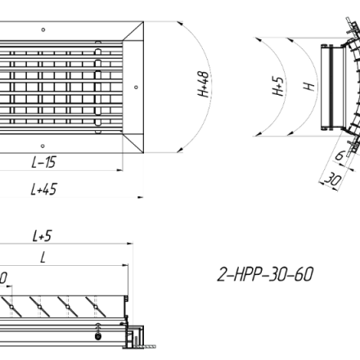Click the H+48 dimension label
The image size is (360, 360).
coord(204,84)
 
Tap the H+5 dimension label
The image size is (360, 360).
coord(278,86)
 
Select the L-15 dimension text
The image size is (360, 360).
coord(44,162)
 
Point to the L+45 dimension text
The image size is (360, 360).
coord(44,189)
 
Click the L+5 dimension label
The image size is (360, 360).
coord(42,236)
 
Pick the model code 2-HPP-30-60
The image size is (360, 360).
coord(265,274)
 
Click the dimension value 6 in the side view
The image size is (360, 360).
coord(340,155)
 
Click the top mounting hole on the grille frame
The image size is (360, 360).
coord(43,29)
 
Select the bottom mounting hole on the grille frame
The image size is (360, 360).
coord(43,146)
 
